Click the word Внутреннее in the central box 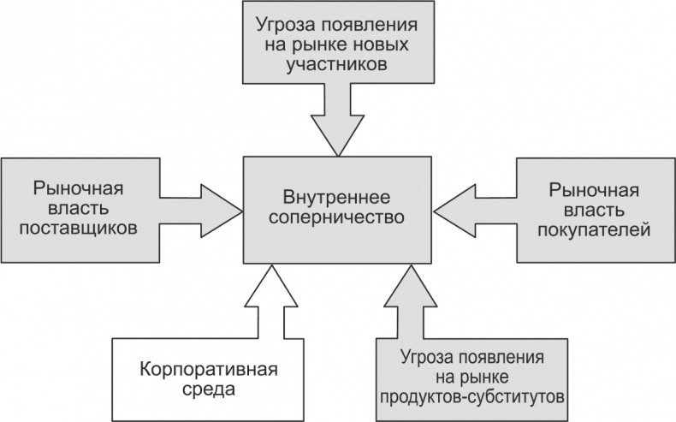pos(336,195)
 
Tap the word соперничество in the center pos(336,217)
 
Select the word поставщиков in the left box pos(86,229)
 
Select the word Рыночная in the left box pos(85,187)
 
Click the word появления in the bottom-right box pos(503,355)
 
